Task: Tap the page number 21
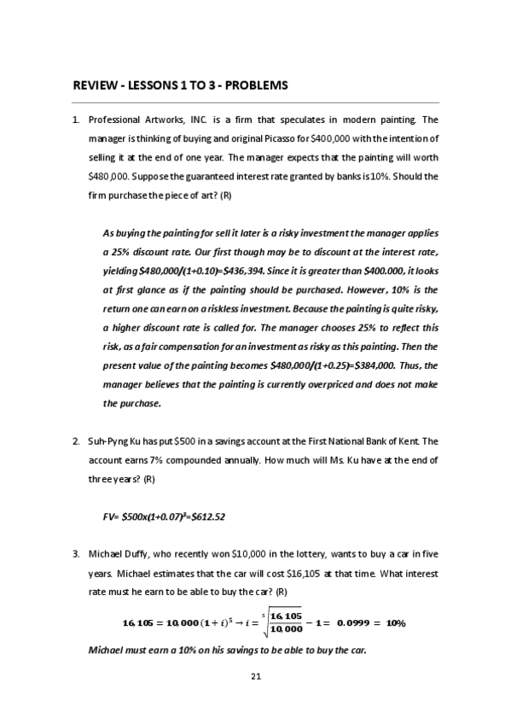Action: (x=255, y=676)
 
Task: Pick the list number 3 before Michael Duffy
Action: (x=76, y=554)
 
